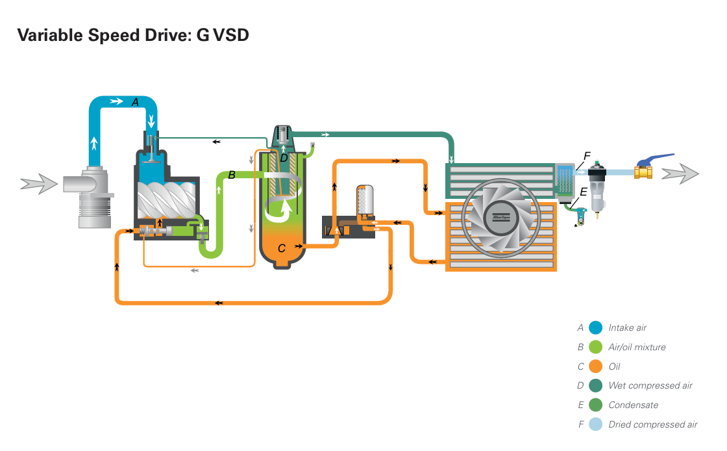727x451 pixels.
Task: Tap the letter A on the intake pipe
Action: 135,102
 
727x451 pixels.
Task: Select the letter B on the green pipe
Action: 232,175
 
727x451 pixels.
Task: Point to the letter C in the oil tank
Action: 281,248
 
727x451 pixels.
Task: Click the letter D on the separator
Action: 284,158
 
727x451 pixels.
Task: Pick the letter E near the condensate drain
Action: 584,192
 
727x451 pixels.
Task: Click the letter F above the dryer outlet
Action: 587,156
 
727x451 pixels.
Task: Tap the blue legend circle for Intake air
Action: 595,328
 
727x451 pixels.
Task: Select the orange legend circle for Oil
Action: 595,367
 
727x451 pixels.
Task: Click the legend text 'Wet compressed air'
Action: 650,385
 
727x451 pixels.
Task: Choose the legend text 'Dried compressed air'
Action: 653,424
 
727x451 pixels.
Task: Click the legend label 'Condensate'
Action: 634,405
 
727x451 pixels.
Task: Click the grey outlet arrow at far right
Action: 680,174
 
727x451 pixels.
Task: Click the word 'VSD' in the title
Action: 230,35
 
